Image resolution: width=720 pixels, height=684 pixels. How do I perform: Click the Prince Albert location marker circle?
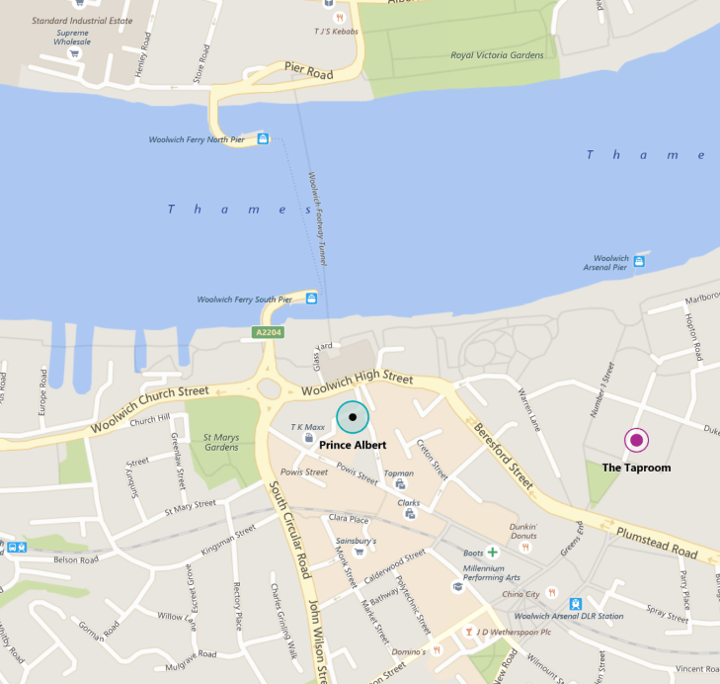click(x=352, y=418)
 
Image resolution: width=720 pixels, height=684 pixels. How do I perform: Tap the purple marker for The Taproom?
click(x=637, y=440)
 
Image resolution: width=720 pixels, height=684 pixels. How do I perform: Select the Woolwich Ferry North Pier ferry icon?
click(x=263, y=139)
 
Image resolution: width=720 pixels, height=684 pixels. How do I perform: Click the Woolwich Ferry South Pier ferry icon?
click(x=312, y=299)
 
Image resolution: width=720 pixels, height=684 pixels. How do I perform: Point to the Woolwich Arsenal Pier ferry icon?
click(x=639, y=262)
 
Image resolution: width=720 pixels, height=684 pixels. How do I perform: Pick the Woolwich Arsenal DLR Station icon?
click(x=576, y=604)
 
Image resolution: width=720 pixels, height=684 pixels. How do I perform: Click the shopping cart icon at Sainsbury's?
click(x=359, y=552)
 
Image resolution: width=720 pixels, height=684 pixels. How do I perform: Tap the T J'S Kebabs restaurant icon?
click(x=339, y=17)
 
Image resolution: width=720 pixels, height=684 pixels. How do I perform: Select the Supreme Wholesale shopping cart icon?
click(x=74, y=53)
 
